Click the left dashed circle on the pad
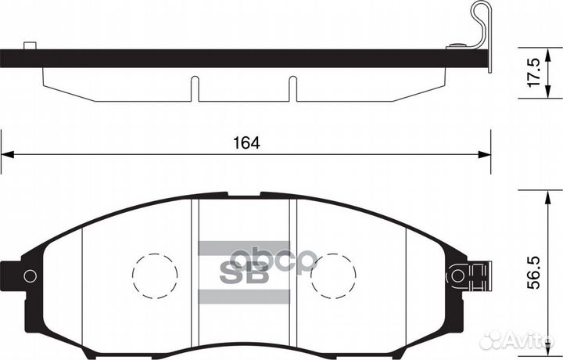coord(155,275)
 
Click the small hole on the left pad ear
coord(30,275)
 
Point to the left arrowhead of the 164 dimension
coord(6,154)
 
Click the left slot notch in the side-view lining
coord(195,88)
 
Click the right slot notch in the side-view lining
coord(292,88)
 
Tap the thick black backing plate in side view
coord(235,57)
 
